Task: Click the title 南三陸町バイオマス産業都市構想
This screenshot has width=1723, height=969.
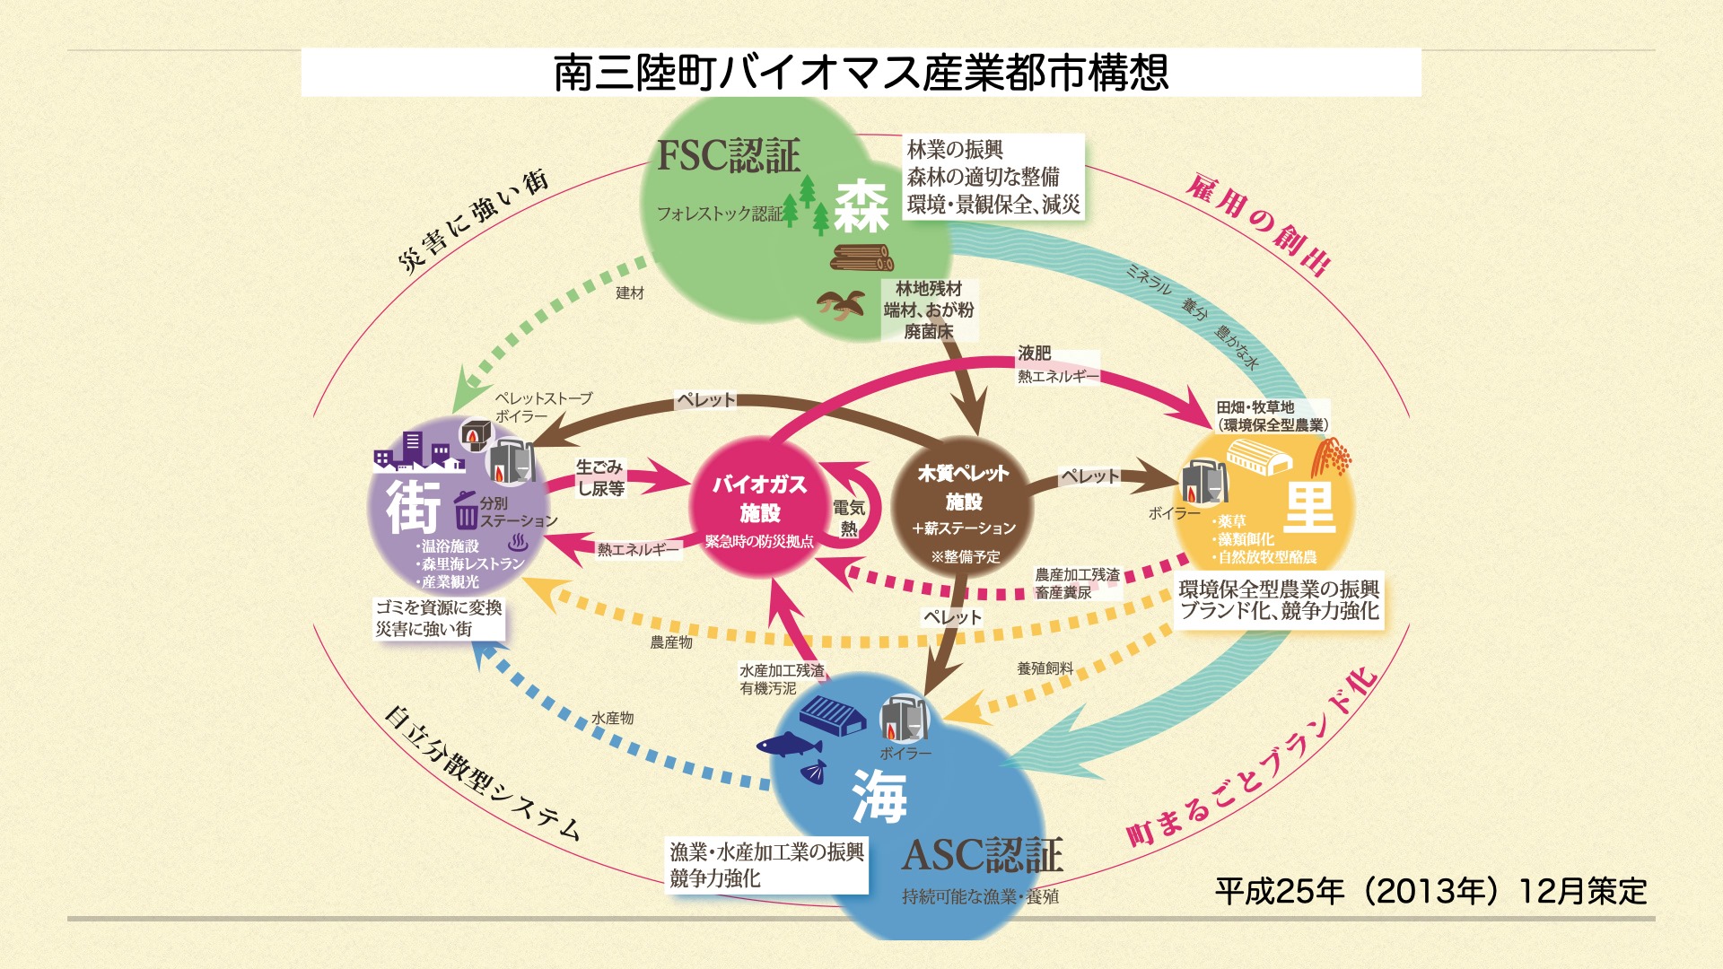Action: coord(861,73)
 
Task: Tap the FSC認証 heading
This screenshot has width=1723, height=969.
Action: coord(729,156)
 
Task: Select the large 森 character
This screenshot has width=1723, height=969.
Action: coord(861,206)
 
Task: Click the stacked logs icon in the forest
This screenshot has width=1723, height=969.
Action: coord(861,258)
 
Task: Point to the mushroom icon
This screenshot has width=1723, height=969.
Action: coord(840,305)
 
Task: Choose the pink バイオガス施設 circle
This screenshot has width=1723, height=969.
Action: coord(759,507)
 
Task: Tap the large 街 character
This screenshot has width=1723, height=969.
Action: coord(414,507)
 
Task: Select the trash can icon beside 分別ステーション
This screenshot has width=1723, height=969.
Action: coord(466,511)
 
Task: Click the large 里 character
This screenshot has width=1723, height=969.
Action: coord(1310,507)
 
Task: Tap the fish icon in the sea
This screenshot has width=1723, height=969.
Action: coord(789,745)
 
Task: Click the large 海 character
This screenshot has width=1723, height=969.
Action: coord(879,796)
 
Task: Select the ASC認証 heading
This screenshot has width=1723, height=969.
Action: coord(983,855)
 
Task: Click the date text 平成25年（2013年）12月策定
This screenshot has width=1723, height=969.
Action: coord(1430,891)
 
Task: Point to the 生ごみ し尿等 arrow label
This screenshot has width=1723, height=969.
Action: coord(599,477)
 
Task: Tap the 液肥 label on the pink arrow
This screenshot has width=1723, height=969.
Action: coord(1034,354)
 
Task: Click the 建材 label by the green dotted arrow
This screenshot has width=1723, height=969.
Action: coord(630,293)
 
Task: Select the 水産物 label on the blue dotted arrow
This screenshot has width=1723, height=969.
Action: coord(612,718)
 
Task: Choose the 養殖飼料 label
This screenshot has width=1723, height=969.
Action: coord(1045,668)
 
